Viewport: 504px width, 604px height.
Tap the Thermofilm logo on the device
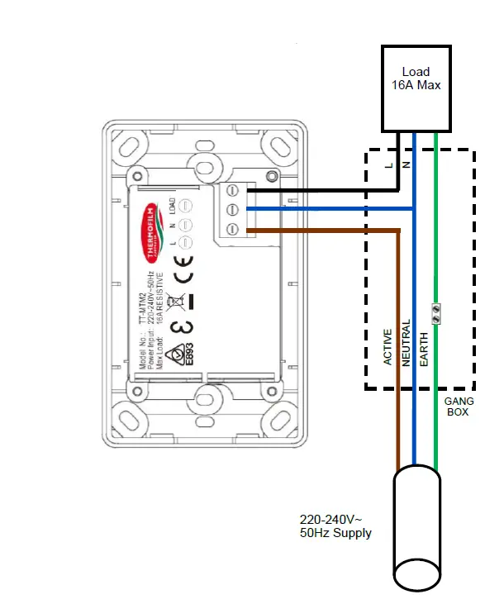pos(151,224)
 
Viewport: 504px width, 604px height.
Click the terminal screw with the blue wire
pos(232,209)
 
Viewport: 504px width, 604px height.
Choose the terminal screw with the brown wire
pos(232,227)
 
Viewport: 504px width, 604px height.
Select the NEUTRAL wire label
pos(406,342)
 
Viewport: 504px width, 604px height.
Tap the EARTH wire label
pos(424,347)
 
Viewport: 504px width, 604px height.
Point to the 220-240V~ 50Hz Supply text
pos(335,526)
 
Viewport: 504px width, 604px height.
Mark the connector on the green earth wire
pos(435,312)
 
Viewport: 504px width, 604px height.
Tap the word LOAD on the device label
pos(170,206)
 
